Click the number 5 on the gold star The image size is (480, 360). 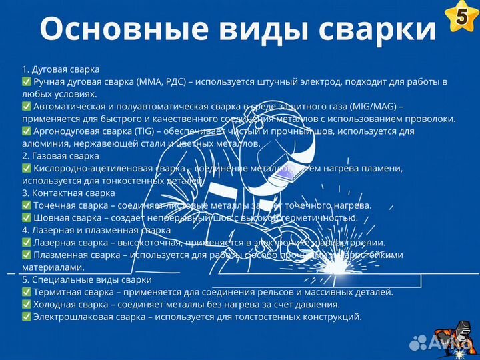coord(461,18)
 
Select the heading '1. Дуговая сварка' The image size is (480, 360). coord(61,69)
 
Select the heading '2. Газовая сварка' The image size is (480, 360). coord(61,156)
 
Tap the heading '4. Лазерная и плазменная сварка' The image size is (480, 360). coord(97,231)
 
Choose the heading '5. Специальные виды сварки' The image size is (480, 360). coord(87,280)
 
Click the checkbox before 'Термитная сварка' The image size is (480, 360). coord(26,292)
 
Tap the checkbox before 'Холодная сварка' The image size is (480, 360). coord(26,305)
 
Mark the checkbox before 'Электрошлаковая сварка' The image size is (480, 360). coord(26,317)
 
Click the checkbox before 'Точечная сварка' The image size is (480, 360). coord(26,205)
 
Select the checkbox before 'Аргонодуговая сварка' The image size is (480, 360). coord(26,131)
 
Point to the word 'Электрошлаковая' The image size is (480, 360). coord(71,317)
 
